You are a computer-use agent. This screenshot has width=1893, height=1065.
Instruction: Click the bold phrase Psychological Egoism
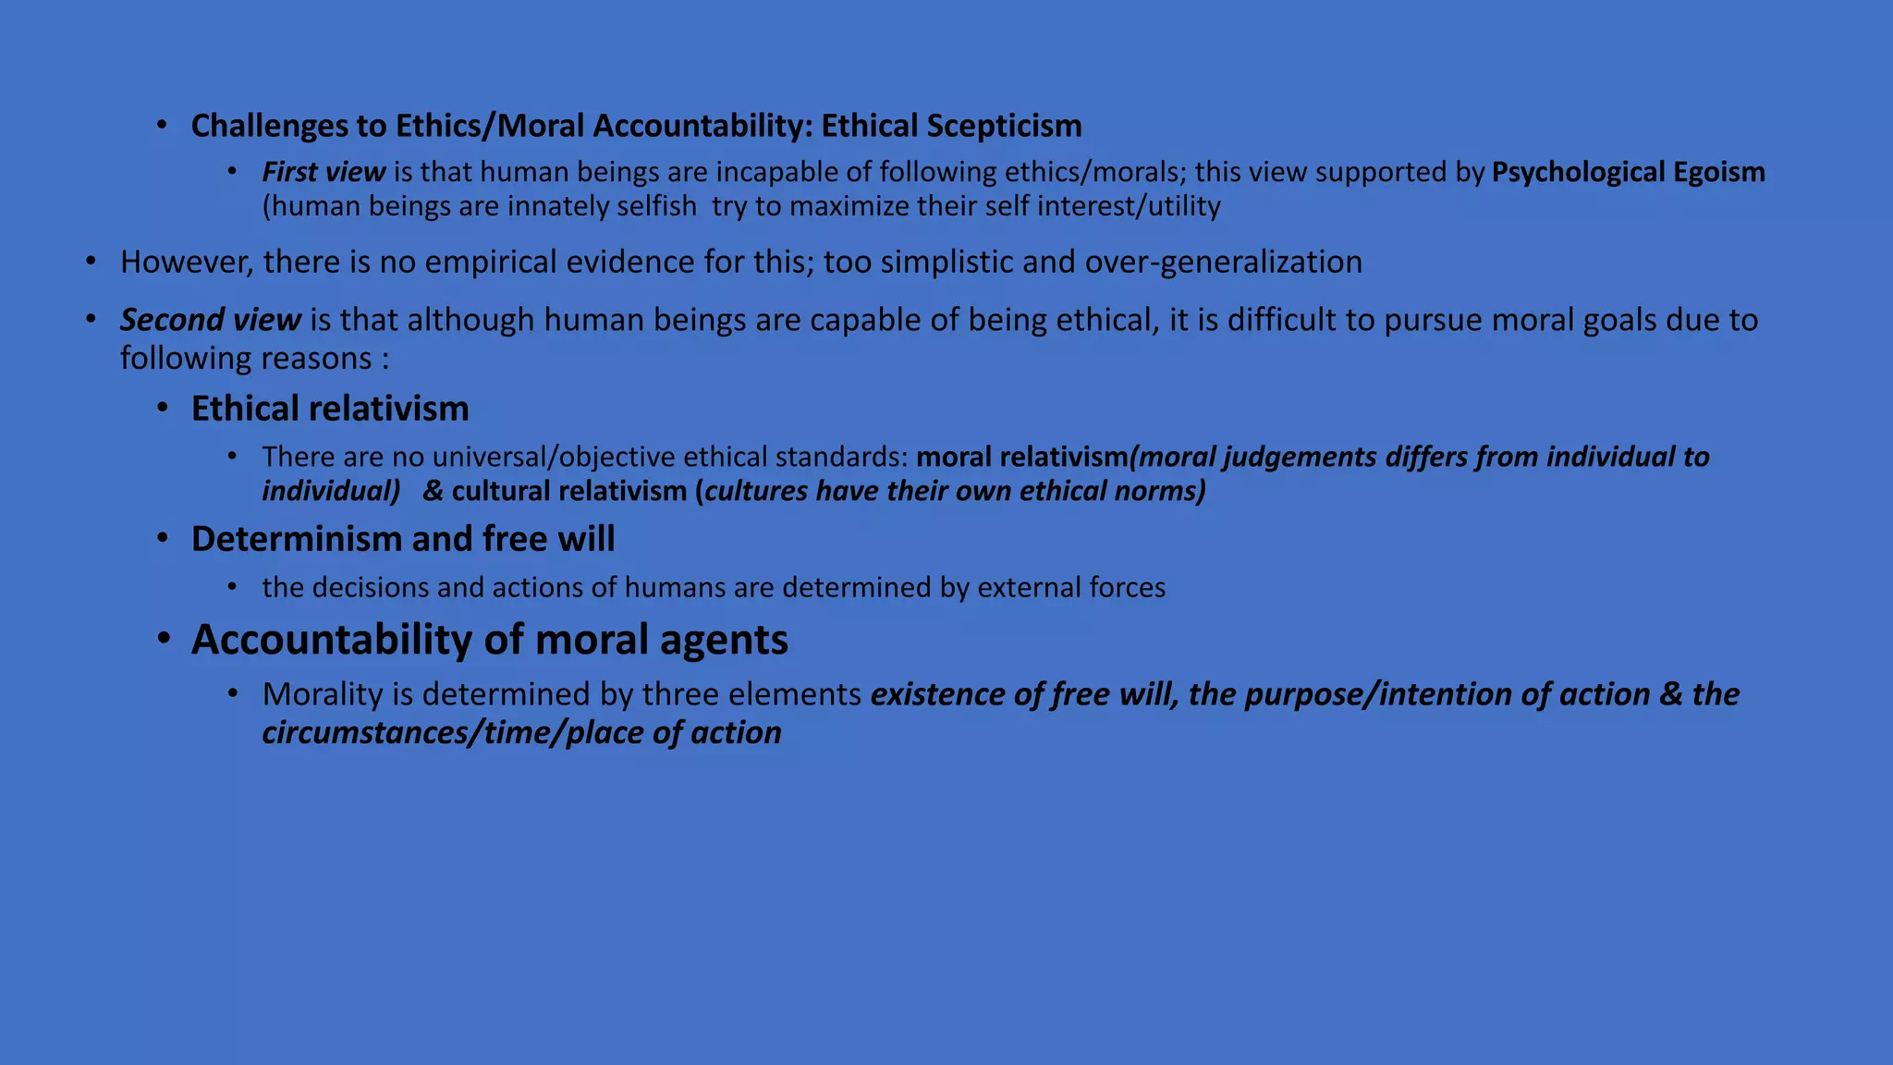[1628, 172]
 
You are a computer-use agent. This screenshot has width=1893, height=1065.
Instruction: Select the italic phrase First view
[324, 172]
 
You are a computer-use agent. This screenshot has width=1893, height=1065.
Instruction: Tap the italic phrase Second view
[211, 320]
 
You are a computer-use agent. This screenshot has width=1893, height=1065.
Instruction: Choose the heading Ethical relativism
[330, 409]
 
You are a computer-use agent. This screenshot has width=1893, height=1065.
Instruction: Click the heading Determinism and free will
[403, 539]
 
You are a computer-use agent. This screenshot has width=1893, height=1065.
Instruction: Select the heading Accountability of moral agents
[490, 640]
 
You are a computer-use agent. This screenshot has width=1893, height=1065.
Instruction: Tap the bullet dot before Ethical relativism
[163, 408]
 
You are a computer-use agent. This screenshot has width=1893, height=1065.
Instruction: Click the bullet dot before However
[91, 262]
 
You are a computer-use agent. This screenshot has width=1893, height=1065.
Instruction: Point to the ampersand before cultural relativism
[433, 491]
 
